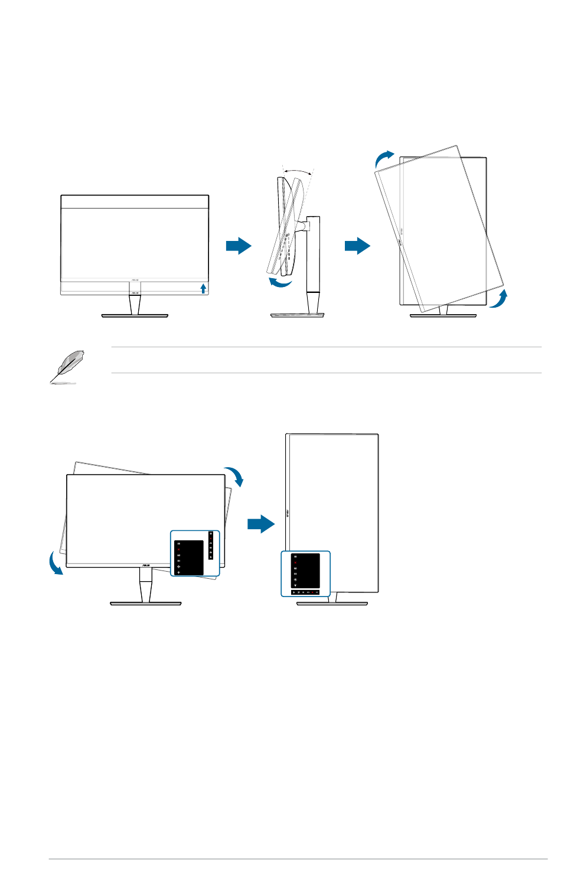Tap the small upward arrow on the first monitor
(x=203, y=288)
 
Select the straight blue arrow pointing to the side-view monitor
(x=239, y=246)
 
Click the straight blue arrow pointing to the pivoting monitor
(x=357, y=246)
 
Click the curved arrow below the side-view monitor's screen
(x=280, y=283)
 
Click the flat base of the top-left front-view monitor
(x=135, y=317)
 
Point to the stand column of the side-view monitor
(x=313, y=260)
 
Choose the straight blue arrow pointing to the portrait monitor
(x=260, y=524)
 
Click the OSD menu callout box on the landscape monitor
(x=195, y=553)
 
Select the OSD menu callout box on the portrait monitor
(x=305, y=573)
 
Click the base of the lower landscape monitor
(x=146, y=603)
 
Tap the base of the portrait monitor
(x=332, y=604)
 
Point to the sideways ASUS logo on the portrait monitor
(x=288, y=513)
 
